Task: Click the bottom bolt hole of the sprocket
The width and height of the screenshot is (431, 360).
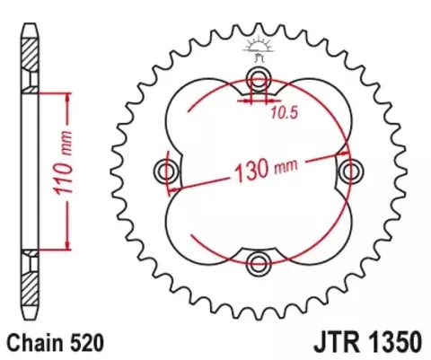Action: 259,263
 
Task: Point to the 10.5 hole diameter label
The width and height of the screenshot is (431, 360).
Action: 283,114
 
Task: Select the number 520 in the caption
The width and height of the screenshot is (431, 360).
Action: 88,342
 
